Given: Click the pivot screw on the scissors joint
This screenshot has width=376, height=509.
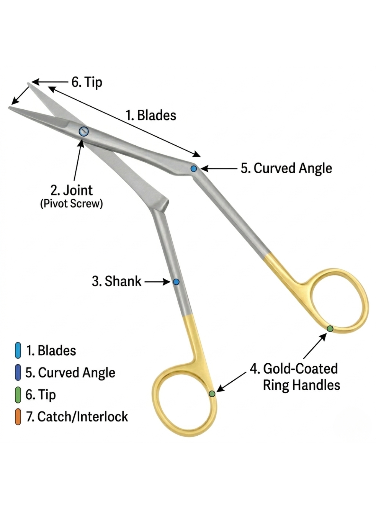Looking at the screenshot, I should click(84, 131).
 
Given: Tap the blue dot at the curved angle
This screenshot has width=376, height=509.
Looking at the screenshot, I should click(193, 168).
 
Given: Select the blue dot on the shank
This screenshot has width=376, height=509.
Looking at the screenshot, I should click(176, 282).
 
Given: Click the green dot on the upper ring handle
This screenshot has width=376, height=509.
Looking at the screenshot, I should click(330, 328).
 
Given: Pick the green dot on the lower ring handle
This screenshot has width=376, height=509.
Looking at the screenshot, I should click(212, 394).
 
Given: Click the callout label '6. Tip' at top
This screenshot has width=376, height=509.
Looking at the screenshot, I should click(86, 82).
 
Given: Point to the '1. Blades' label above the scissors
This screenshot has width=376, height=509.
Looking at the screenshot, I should click(151, 115).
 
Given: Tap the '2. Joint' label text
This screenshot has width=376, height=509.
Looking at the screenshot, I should click(72, 190).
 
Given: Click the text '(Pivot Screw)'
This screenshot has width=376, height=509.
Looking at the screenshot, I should click(71, 204).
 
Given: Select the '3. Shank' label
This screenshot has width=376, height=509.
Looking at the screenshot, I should click(116, 281).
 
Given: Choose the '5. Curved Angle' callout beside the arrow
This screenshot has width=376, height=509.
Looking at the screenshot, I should click(286, 168).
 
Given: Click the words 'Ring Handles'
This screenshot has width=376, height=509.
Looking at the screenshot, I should click(301, 385).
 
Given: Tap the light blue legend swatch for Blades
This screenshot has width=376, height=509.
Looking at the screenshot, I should click(18, 350).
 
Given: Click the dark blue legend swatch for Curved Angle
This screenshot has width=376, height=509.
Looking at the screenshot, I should click(18, 373).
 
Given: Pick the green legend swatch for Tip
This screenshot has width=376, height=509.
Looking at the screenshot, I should click(18, 395).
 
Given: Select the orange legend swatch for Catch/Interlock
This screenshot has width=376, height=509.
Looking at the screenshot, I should click(18, 417).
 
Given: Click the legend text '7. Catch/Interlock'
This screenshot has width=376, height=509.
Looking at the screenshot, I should click(77, 417).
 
